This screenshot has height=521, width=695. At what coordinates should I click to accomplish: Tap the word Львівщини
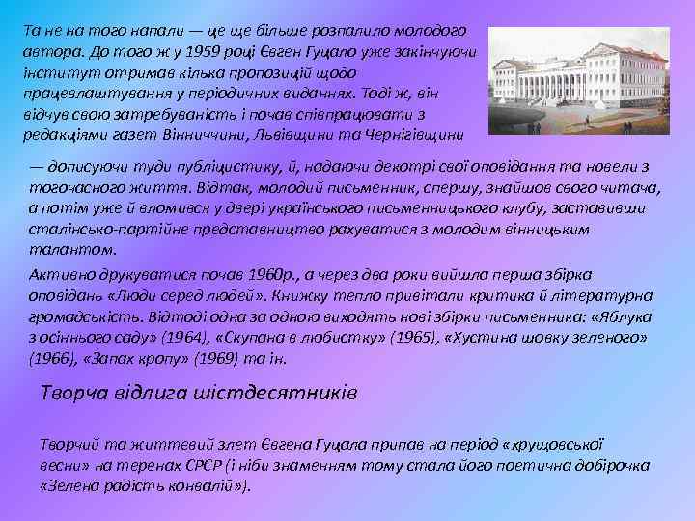point(317,134)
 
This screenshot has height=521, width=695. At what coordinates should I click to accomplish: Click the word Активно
point(59,275)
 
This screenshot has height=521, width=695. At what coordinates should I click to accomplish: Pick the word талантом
point(59,250)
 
